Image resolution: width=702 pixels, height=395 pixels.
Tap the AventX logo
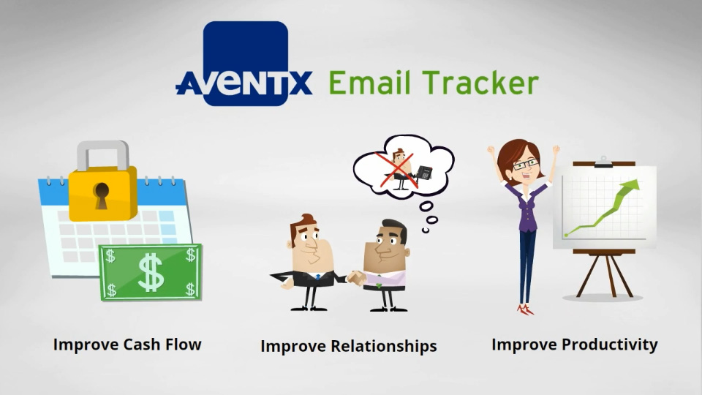pos(244,64)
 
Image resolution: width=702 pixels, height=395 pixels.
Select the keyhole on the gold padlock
pos(101,196)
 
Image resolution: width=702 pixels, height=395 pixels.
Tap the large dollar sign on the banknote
pos(151,272)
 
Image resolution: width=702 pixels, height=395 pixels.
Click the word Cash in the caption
pos(141,345)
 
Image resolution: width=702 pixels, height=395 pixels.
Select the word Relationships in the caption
pos(384,346)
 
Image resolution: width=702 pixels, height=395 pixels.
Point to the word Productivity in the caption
pos(610,345)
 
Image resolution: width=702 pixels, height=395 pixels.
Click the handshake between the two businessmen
pos(356,278)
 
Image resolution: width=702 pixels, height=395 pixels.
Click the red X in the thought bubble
pos(396,170)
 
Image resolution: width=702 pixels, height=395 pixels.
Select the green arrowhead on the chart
pos(630,185)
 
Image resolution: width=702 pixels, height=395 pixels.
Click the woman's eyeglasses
pos(526,165)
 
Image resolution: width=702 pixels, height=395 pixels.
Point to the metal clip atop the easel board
pos(603,162)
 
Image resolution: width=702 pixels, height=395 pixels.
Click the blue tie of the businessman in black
pos(318,277)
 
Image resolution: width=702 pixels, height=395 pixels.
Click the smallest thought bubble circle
pos(426,230)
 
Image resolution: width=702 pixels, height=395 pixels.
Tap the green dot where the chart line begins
pos(566,235)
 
